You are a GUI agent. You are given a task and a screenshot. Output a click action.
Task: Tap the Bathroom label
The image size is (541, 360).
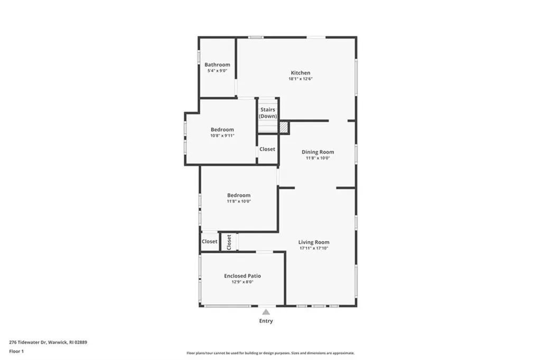pyautogui.click(x=217, y=64)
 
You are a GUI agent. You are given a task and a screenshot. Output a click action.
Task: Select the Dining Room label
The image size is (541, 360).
pyautogui.click(x=318, y=152)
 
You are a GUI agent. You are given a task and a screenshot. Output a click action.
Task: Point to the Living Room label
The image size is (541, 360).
pyautogui.click(x=314, y=242)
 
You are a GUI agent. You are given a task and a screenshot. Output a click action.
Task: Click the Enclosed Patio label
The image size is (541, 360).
pyautogui.click(x=242, y=276)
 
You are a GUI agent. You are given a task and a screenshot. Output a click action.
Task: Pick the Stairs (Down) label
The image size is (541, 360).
pyautogui.click(x=268, y=113)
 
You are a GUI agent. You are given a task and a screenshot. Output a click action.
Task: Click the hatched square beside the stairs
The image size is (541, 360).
pyautogui.click(x=284, y=127)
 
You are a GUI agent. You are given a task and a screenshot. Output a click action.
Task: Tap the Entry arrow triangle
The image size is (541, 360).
pyautogui.click(x=266, y=312)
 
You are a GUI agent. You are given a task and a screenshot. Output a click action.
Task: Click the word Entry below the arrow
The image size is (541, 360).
pyautogui.click(x=266, y=321)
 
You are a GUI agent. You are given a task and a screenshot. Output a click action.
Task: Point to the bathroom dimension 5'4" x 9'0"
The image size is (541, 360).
pyautogui.click(x=217, y=71)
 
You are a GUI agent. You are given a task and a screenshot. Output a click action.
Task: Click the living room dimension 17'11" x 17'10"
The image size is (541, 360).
pyautogui.click(x=314, y=248)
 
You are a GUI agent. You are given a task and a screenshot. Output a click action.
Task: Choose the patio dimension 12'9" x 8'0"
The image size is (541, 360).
pyautogui.click(x=242, y=282)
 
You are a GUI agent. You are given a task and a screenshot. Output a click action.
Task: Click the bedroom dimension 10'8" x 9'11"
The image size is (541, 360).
pyautogui.click(x=222, y=136)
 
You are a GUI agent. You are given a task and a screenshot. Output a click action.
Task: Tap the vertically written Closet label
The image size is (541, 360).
pyautogui.click(x=229, y=242)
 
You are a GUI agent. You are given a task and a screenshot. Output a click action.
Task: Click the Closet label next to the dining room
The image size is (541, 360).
pyautogui.click(x=267, y=149)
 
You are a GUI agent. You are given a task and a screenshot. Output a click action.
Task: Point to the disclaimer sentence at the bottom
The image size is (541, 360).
pyautogui.click(x=270, y=353)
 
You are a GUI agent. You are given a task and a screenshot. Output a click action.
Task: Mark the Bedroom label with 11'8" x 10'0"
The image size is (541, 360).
pyautogui.click(x=239, y=195)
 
